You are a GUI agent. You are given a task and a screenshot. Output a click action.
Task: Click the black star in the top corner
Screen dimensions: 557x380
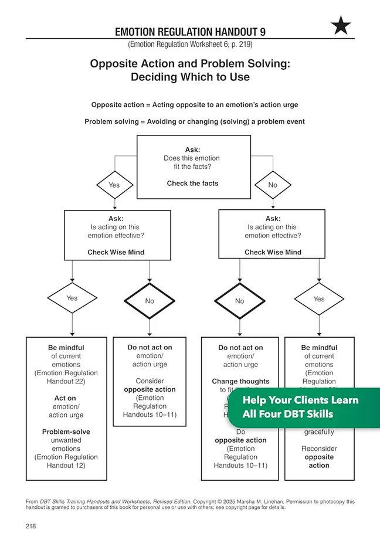pyautogui.click(x=341, y=25)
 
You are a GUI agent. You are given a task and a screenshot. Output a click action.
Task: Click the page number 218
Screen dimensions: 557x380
pyautogui.click(x=31, y=527)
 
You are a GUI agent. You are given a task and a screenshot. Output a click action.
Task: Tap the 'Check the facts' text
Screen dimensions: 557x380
pyautogui.click(x=192, y=184)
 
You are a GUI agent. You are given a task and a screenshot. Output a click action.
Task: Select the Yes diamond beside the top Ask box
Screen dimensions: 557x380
pyautogui.click(x=114, y=185)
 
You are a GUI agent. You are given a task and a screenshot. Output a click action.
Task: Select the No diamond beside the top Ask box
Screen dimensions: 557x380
pyautogui.click(x=273, y=185)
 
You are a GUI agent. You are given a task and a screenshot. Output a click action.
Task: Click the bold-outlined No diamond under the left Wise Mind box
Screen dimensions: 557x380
pyautogui.click(x=150, y=300)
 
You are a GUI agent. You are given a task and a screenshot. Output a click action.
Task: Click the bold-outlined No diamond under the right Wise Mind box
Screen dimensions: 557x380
pyautogui.click(x=239, y=301)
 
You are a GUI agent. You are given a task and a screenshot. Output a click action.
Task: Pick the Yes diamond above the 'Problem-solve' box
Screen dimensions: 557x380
pyautogui.click(x=72, y=298)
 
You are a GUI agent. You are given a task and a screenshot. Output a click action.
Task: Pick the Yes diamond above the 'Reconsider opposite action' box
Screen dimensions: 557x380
pyautogui.click(x=319, y=299)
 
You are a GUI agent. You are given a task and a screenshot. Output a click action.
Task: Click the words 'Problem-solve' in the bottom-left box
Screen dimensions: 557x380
pyautogui.click(x=66, y=432)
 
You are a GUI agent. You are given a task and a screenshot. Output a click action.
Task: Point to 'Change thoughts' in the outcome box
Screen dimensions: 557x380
pyautogui.click(x=241, y=382)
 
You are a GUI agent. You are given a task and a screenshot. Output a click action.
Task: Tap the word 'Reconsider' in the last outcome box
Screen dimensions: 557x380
pyautogui.click(x=319, y=449)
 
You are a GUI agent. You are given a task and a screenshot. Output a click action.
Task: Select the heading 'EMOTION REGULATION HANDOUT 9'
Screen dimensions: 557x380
pyautogui.click(x=190, y=32)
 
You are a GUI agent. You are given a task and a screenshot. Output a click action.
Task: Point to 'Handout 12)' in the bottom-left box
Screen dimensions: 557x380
pyautogui.click(x=66, y=466)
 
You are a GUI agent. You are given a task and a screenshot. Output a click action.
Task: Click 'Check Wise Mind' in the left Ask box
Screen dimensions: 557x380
pyautogui.click(x=116, y=252)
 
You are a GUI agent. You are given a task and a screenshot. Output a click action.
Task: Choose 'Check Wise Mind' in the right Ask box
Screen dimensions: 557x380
pyautogui.click(x=273, y=252)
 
